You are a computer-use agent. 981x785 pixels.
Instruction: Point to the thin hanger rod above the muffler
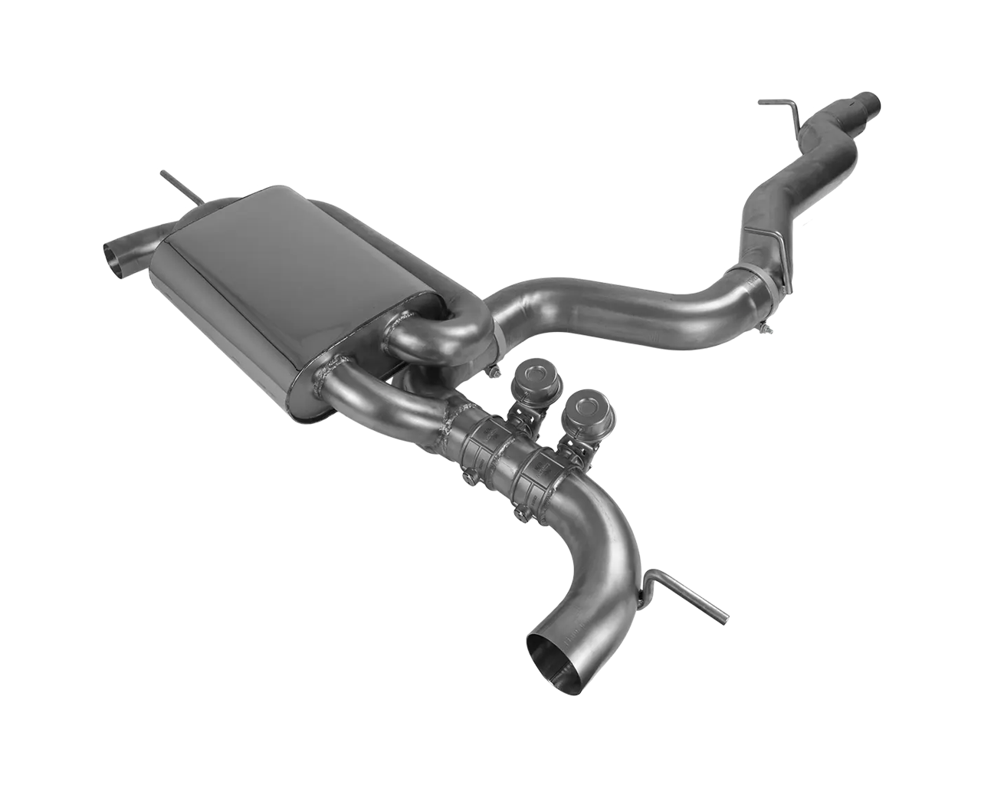click(x=182, y=189)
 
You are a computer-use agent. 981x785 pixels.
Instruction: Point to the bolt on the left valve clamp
click(x=468, y=478)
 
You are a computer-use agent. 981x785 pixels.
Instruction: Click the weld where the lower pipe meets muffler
click(x=326, y=380)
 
